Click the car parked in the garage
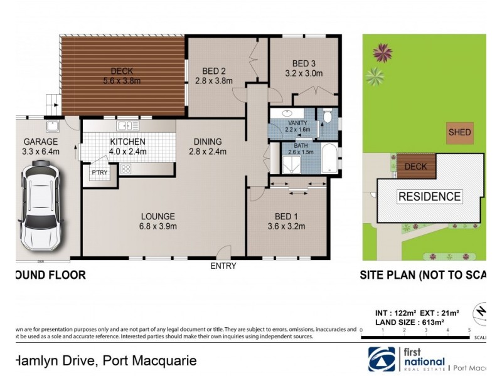click(41, 204)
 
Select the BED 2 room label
click(213, 71)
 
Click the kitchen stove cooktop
click(125, 169)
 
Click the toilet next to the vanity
click(327, 117)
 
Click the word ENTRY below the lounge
click(223, 266)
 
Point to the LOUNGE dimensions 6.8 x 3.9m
click(158, 226)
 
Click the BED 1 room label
click(286, 217)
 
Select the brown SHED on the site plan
click(459, 133)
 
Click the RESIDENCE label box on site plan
click(430, 196)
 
